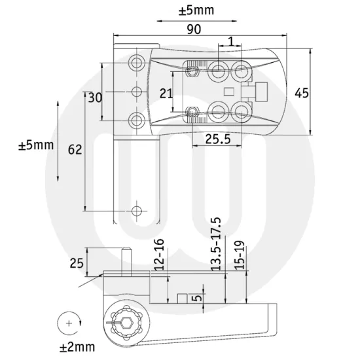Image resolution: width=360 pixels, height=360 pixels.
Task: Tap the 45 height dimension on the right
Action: pyautogui.click(x=302, y=92)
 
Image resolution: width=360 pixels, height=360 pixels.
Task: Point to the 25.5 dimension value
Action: pyautogui.click(x=215, y=139)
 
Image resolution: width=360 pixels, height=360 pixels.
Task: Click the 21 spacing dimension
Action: pyautogui.click(x=167, y=94)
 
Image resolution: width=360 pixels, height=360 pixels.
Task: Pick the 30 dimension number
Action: pyautogui.click(x=96, y=98)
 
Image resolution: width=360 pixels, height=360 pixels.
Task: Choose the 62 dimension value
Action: pyautogui.click(x=75, y=150)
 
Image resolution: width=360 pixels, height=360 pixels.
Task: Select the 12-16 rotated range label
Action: pyautogui.click(x=159, y=252)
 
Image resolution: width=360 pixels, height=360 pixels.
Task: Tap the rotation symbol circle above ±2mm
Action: pyautogui.click(x=67, y=322)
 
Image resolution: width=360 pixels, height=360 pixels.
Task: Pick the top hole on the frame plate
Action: pyautogui.click(x=137, y=62)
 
